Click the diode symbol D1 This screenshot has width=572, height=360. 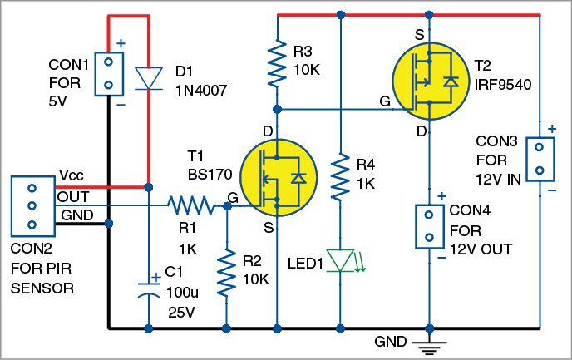[147, 76]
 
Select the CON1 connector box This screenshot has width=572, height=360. [107, 72]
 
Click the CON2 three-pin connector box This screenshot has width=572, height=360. [31, 205]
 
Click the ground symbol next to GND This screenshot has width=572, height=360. [429, 345]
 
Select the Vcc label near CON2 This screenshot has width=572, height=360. [71, 176]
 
